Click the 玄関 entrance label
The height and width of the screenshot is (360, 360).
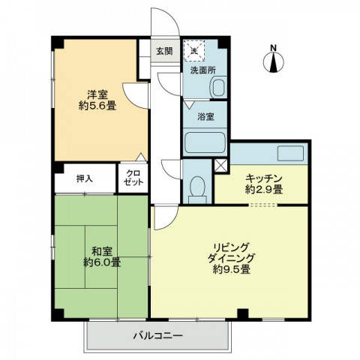pos(164,51)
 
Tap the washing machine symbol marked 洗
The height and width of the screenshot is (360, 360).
pos(194,51)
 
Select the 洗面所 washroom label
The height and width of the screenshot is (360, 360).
pos(202,70)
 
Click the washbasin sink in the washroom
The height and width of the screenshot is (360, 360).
pos(219,88)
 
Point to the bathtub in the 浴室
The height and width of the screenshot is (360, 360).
pos(205,142)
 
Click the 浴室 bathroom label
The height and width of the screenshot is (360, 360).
pos(205,116)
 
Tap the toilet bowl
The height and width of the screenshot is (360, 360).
pos(197,187)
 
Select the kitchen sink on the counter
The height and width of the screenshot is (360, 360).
pos(290,154)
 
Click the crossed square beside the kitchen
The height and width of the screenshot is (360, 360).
pos(221,166)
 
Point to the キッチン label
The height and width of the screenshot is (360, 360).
pos(264,178)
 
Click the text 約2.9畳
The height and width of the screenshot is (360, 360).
pos(264,190)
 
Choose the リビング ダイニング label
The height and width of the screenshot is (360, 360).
pos(231,253)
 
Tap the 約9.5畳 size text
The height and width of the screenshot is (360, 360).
pos(232,269)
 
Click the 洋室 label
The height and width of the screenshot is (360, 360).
pos(97,95)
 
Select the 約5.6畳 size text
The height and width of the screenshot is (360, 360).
pos(97,106)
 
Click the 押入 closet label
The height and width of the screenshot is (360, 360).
pos(85,178)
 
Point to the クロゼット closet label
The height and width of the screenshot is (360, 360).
pos(133,178)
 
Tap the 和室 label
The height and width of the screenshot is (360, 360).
pos(102,251)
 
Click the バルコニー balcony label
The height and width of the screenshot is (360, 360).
pos(157,335)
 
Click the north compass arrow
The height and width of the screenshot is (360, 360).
pos(274,62)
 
